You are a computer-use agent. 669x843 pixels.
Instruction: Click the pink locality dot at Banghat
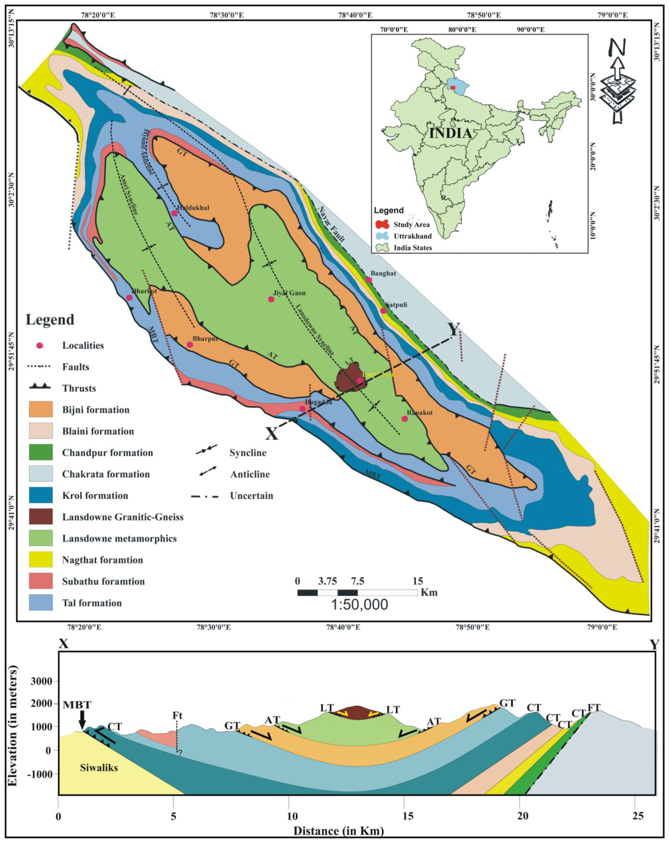click(369, 280)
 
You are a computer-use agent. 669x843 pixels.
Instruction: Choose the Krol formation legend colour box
click(41, 495)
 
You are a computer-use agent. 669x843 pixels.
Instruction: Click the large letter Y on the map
click(454, 329)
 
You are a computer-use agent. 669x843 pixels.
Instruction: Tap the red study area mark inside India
click(453, 88)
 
